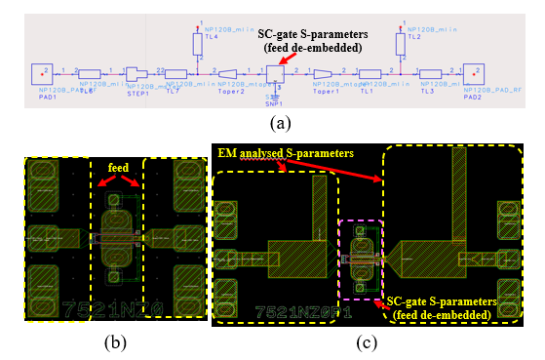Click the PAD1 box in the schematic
[x=42, y=73]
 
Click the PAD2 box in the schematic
[x=473, y=73]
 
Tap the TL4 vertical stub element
[x=195, y=44]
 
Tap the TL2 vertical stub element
[x=398, y=44]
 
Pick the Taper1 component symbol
[x=323, y=74]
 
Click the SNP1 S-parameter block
[x=276, y=74]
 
